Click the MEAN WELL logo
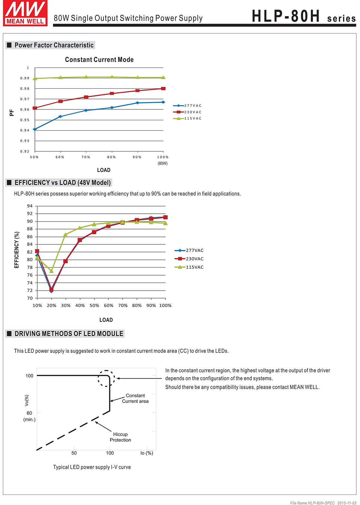[x=25, y=13]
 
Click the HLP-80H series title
[x=304, y=16]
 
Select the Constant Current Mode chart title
[x=99, y=59]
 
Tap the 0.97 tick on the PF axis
[x=25, y=99]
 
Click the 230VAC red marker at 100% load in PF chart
[x=163, y=89]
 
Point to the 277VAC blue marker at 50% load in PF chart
[x=35, y=129]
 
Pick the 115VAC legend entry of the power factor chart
[x=187, y=118]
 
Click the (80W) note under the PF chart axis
[x=163, y=163]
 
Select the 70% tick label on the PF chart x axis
[x=86, y=157]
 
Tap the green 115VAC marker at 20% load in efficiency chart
[x=51, y=271]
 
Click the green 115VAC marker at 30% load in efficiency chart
[x=65, y=234]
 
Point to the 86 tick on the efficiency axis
[x=30, y=236]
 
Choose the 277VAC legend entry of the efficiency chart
[x=189, y=250]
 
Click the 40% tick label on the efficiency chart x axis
[x=80, y=305]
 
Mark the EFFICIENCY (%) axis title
[x=16, y=250]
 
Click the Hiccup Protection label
[x=120, y=437]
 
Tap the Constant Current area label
[x=135, y=398]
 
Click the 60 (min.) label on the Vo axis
[x=29, y=416]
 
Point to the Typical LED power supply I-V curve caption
[x=92, y=467]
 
